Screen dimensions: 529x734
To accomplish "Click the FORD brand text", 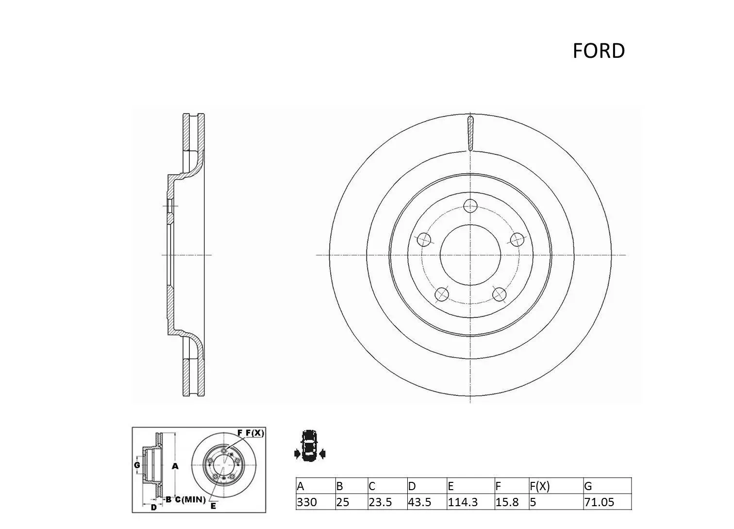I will click(598, 51).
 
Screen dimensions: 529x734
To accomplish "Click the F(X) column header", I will click(539, 486).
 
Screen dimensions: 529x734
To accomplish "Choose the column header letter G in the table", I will click(588, 486).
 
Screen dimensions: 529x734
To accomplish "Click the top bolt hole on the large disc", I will click(470, 206).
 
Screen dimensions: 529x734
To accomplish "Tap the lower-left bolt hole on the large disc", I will click(441, 294).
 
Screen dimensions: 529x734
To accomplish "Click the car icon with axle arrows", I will click(309, 445).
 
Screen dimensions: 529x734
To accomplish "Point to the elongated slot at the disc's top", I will click(470, 132).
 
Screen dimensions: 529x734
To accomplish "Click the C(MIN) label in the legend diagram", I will click(190, 499).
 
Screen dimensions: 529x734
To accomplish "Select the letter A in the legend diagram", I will click(176, 466).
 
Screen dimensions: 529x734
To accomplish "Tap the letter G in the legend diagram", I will click(137, 465).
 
